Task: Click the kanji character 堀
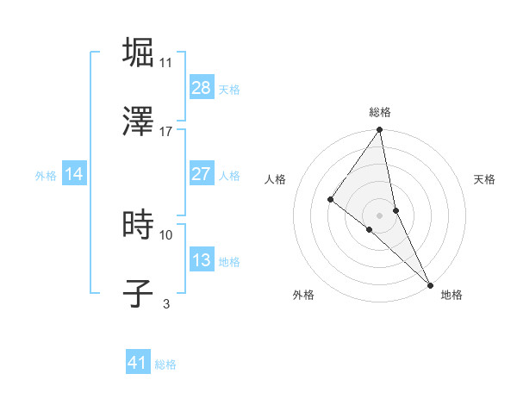(139, 53)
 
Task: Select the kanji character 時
(139, 225)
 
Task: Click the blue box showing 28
(202, 87)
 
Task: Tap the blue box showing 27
(202, 173)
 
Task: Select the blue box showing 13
(202, 259)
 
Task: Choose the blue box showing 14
(74, 173)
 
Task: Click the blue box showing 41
(138, 363)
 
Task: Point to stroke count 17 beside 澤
(166, 132)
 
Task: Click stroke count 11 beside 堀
(166, 63)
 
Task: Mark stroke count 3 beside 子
(166, 304)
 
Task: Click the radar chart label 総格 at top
(380, 112)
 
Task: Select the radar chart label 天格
(485, 179)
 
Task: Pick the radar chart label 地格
(452, 295)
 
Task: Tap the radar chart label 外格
(303, 295)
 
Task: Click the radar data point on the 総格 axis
(380, 131)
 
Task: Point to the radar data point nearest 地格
(429, 283)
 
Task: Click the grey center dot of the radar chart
(380, 215)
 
